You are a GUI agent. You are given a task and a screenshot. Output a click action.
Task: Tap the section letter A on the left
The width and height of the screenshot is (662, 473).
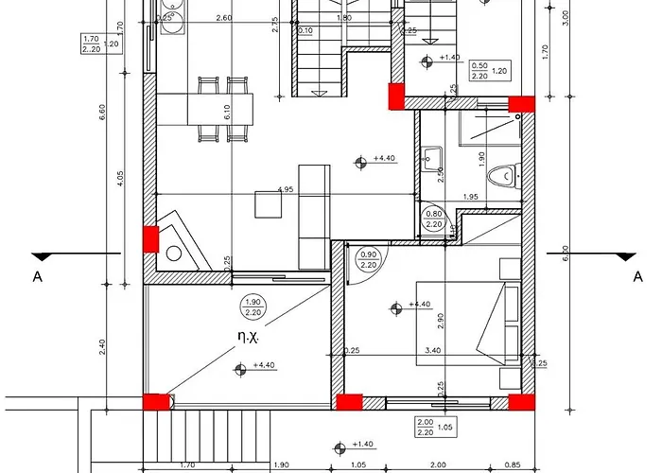click(x=38, y=276)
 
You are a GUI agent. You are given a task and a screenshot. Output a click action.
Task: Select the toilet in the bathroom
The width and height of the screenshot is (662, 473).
click(x=505, y=175)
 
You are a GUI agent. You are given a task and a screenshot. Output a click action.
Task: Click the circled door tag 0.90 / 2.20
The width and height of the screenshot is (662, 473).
click(x=369, y=259)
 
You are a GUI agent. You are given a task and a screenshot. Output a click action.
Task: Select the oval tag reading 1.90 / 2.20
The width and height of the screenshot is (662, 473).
click(x=253, y=307)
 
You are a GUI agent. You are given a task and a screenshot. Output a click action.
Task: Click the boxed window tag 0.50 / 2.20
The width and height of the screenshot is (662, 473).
click(x=479, y=70)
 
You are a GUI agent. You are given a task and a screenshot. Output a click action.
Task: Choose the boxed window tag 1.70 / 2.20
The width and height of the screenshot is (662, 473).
click(x=93, y=44)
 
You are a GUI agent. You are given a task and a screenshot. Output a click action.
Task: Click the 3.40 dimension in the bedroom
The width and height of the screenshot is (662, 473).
click(x=433, y=351)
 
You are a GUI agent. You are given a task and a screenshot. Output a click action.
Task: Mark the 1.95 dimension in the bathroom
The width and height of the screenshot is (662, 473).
click(x=471, y=197)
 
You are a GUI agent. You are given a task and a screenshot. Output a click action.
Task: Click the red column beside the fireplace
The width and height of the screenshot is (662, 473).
click(x=149, y=238)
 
